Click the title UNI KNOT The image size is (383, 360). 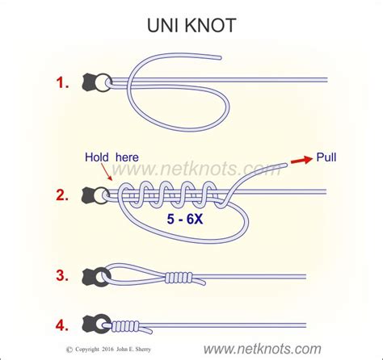point(191,25)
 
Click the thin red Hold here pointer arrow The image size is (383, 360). point(108,175)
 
